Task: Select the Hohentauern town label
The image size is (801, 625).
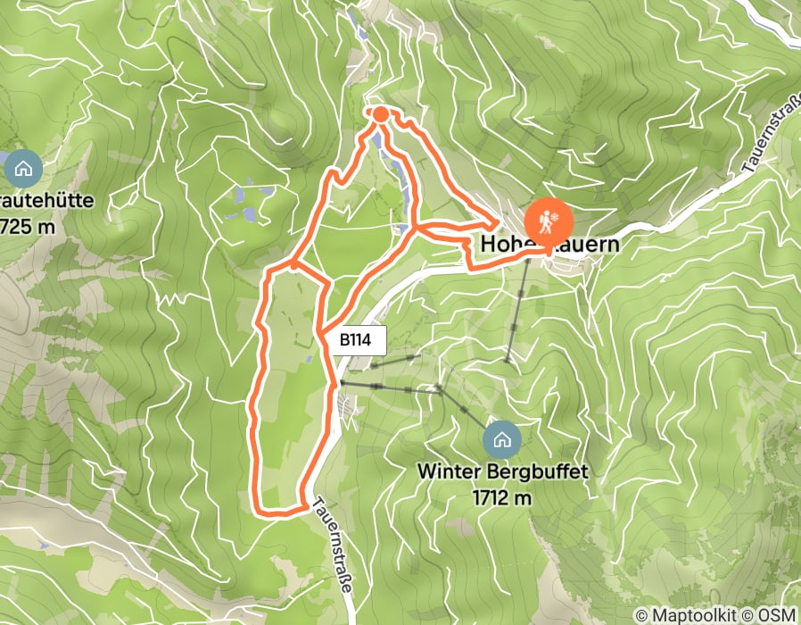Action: point(549,244)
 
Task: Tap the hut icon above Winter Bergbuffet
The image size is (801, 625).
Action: point(502,438)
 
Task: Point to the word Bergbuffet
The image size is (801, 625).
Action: point(542,471)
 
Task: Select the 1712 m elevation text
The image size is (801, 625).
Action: point(502,496)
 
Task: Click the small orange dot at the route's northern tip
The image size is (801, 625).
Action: point(380,113)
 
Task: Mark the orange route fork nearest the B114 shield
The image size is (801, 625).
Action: point(319,332)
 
